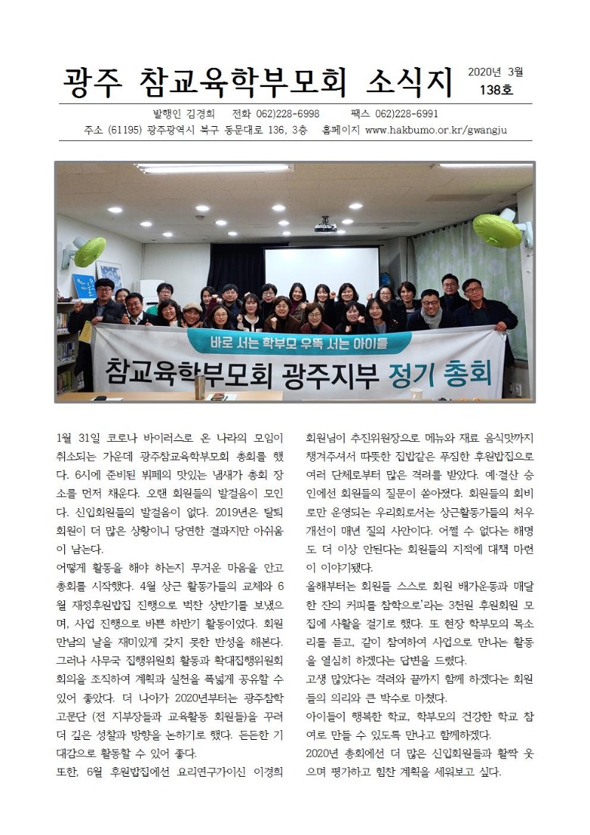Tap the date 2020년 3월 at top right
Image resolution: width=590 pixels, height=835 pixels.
(x=495, y=72)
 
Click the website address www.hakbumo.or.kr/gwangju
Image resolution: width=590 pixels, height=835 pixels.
(x=437, y=131)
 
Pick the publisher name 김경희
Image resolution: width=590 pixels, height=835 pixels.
(x=195, y=114)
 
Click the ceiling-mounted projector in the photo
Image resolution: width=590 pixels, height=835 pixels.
(x=325, y=226)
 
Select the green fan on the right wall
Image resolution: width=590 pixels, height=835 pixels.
(x=498, y=230)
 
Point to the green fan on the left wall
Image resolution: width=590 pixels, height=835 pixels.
(x=88, y=252)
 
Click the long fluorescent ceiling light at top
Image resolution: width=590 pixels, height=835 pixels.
(x=214, y=168)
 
